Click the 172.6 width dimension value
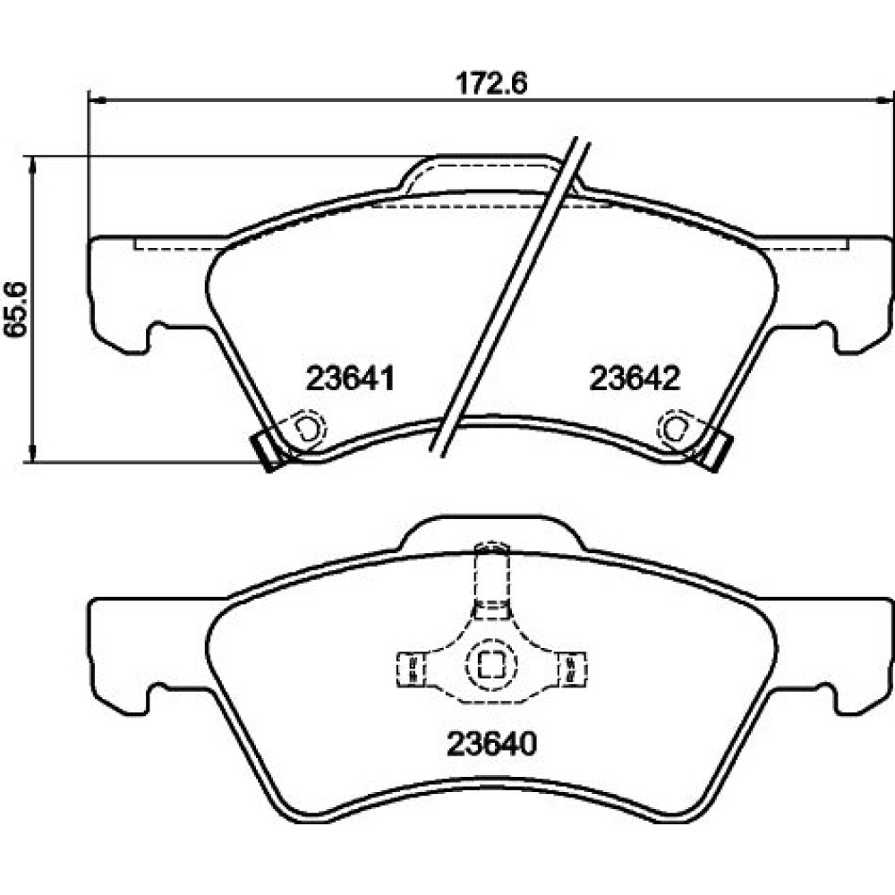[490, 83]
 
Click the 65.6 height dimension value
[16, 310]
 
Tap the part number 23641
[351, 379]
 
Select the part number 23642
[635, 379]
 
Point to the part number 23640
[492, 744]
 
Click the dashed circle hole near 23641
[308, 428]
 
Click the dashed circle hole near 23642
[675, 428]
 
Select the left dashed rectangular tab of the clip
[411, 669]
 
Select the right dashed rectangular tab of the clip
[571, 669]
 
